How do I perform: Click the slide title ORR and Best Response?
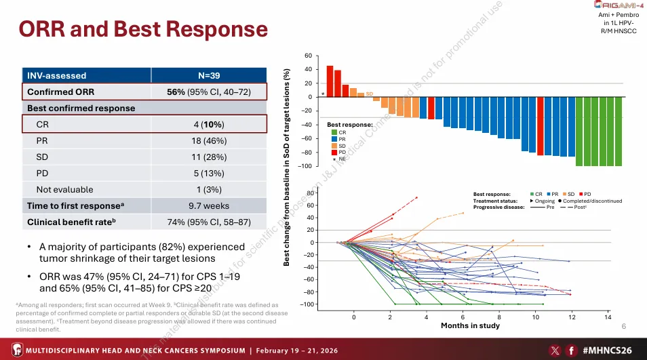[142, 31]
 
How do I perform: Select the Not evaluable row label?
[65, 189]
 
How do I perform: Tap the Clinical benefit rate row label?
[71, 222]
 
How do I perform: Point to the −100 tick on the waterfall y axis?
[306, 166]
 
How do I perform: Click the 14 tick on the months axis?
[608, 317]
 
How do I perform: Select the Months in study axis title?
[470, 326]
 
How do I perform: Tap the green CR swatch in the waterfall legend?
[333, 132]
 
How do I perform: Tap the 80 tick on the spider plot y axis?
[310, 193]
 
